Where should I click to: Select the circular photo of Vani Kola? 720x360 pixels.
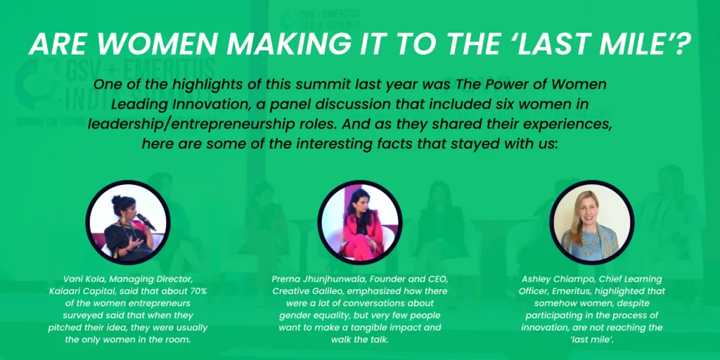pos(128,222)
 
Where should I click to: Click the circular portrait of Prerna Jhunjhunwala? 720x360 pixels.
pos(359,222)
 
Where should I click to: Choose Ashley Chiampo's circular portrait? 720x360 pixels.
pos(591,222)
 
